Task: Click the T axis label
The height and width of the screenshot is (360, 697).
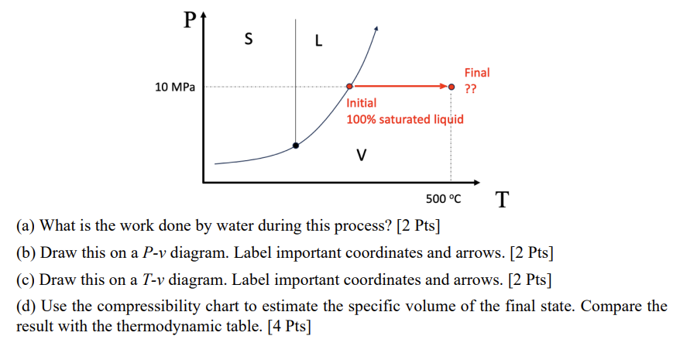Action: (502, 200)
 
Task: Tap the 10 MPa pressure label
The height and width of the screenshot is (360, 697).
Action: (175, 87)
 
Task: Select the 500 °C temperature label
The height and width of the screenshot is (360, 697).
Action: (443, 199)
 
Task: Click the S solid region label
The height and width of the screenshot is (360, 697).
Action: (247, 37)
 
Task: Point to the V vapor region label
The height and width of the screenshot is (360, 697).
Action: (360, 154)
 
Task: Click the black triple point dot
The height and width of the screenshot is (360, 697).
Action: (295, 145)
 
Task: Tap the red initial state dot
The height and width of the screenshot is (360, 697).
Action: (349, 87)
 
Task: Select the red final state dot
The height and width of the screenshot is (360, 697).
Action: (452, 87)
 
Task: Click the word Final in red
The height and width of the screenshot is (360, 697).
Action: (476, 73)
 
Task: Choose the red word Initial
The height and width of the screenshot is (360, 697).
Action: (362, 103)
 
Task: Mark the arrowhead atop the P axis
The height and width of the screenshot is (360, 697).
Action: (204, 14)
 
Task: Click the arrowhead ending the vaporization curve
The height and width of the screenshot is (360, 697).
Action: (376, 29)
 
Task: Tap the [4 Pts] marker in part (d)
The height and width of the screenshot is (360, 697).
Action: (288, 326)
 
